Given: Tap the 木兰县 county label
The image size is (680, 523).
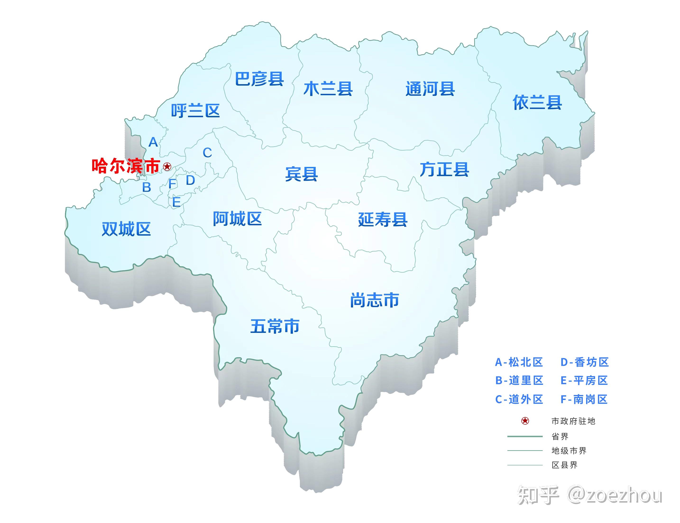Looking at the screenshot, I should coord(328,89).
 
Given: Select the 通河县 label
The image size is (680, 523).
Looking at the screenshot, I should coord(430,89).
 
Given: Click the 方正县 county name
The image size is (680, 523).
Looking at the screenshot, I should coord(444,170).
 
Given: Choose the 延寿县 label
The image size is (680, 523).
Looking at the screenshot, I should coord(383,220).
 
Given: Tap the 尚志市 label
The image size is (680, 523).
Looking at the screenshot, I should coord(375,300).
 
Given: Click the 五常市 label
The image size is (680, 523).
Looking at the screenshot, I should coord(275,326).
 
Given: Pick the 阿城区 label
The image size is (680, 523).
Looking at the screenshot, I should coord(237,219).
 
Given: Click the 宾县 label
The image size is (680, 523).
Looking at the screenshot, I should coord(301,174).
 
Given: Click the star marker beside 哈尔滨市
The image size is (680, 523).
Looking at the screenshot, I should coord(167,167).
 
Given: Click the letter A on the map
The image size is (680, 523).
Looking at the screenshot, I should coord(153,142).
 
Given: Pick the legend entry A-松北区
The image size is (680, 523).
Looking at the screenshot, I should coord(519,362).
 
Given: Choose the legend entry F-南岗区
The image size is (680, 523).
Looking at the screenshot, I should coord(584,399).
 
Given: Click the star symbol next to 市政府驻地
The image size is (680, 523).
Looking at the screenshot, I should coord(525,421).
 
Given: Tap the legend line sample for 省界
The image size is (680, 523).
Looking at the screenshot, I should coord(525,436).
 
